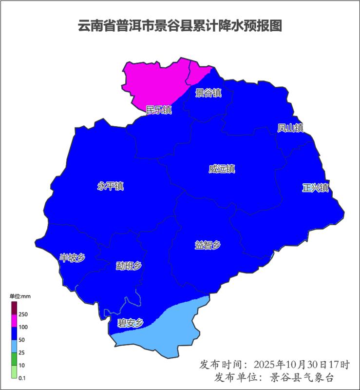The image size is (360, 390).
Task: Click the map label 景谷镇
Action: point(208,93)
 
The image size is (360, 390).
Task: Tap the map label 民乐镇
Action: point(159,110)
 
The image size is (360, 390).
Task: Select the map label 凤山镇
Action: point(290,128)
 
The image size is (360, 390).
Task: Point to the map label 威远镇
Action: point(222,169)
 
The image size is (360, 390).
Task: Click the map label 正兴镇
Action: point(315,188)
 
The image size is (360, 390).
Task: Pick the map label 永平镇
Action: point(111,186)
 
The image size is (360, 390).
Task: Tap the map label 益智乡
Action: point(208,245)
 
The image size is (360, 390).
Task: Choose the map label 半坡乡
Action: point(72,258)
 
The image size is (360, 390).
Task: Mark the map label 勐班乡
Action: point(129,266)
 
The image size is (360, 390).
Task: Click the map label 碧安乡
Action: point(130,323)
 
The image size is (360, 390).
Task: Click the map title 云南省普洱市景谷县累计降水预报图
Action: point(180,26)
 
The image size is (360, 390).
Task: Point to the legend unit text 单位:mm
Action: point(20,296)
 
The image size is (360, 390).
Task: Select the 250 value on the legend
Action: point(23,314)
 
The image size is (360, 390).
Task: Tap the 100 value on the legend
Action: point(23,327)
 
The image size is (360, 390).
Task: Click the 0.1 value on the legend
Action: point(22,378)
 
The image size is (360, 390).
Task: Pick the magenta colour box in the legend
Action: point(14,321)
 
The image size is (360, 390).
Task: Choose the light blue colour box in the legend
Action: point(14,346)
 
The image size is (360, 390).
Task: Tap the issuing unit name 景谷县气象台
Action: point(303,378)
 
